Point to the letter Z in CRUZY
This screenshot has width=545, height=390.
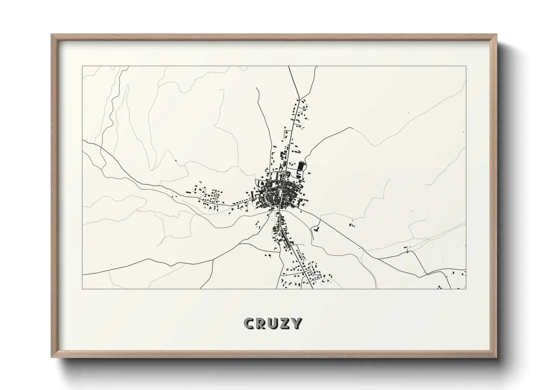(x=285, y=323)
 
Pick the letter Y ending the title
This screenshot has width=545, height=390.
(x=296, y=323)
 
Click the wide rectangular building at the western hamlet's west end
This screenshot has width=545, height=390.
(x=189, y=192)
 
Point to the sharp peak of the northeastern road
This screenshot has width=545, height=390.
(x=350, y=128)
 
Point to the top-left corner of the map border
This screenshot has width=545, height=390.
(x=82, y=66)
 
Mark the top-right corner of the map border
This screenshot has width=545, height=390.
(x=466, y=66)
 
